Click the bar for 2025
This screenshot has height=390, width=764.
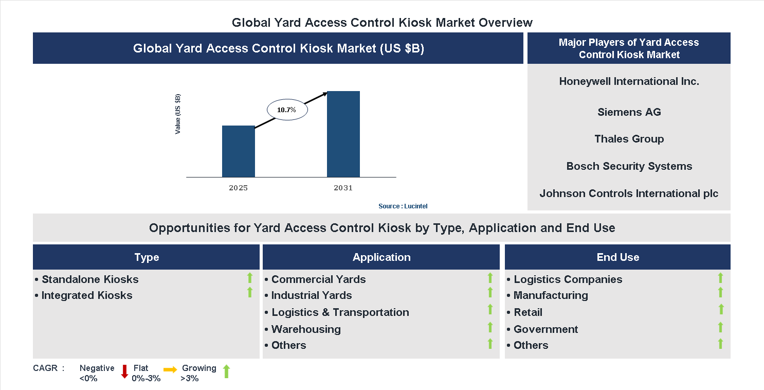pos(238,151)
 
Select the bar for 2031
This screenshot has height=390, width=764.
pos(343,134)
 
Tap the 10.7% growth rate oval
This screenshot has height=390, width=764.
pos(287,110)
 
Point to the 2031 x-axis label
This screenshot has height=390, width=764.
pos(343,188)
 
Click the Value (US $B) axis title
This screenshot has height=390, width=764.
pos(178,114)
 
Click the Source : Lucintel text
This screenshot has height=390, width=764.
pos(403,206)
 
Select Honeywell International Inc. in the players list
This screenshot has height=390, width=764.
pos(629,81)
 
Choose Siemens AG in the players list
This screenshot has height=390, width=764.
pos(629,112)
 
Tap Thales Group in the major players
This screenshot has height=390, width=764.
pos(629,139)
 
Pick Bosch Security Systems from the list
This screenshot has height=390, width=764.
pos(629,166)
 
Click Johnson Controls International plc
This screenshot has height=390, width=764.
pos(629,193)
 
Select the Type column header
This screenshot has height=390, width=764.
pos(147,257)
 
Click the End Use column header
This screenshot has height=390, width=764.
pos(617,257)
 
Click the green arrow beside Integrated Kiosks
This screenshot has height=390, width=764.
pos(250,293)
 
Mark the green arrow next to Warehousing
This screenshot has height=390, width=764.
pos(490,327)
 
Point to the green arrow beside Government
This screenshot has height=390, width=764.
pos(720,327)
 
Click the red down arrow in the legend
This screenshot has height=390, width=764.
pos(124,371)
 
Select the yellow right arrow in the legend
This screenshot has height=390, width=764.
pos(170,369)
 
